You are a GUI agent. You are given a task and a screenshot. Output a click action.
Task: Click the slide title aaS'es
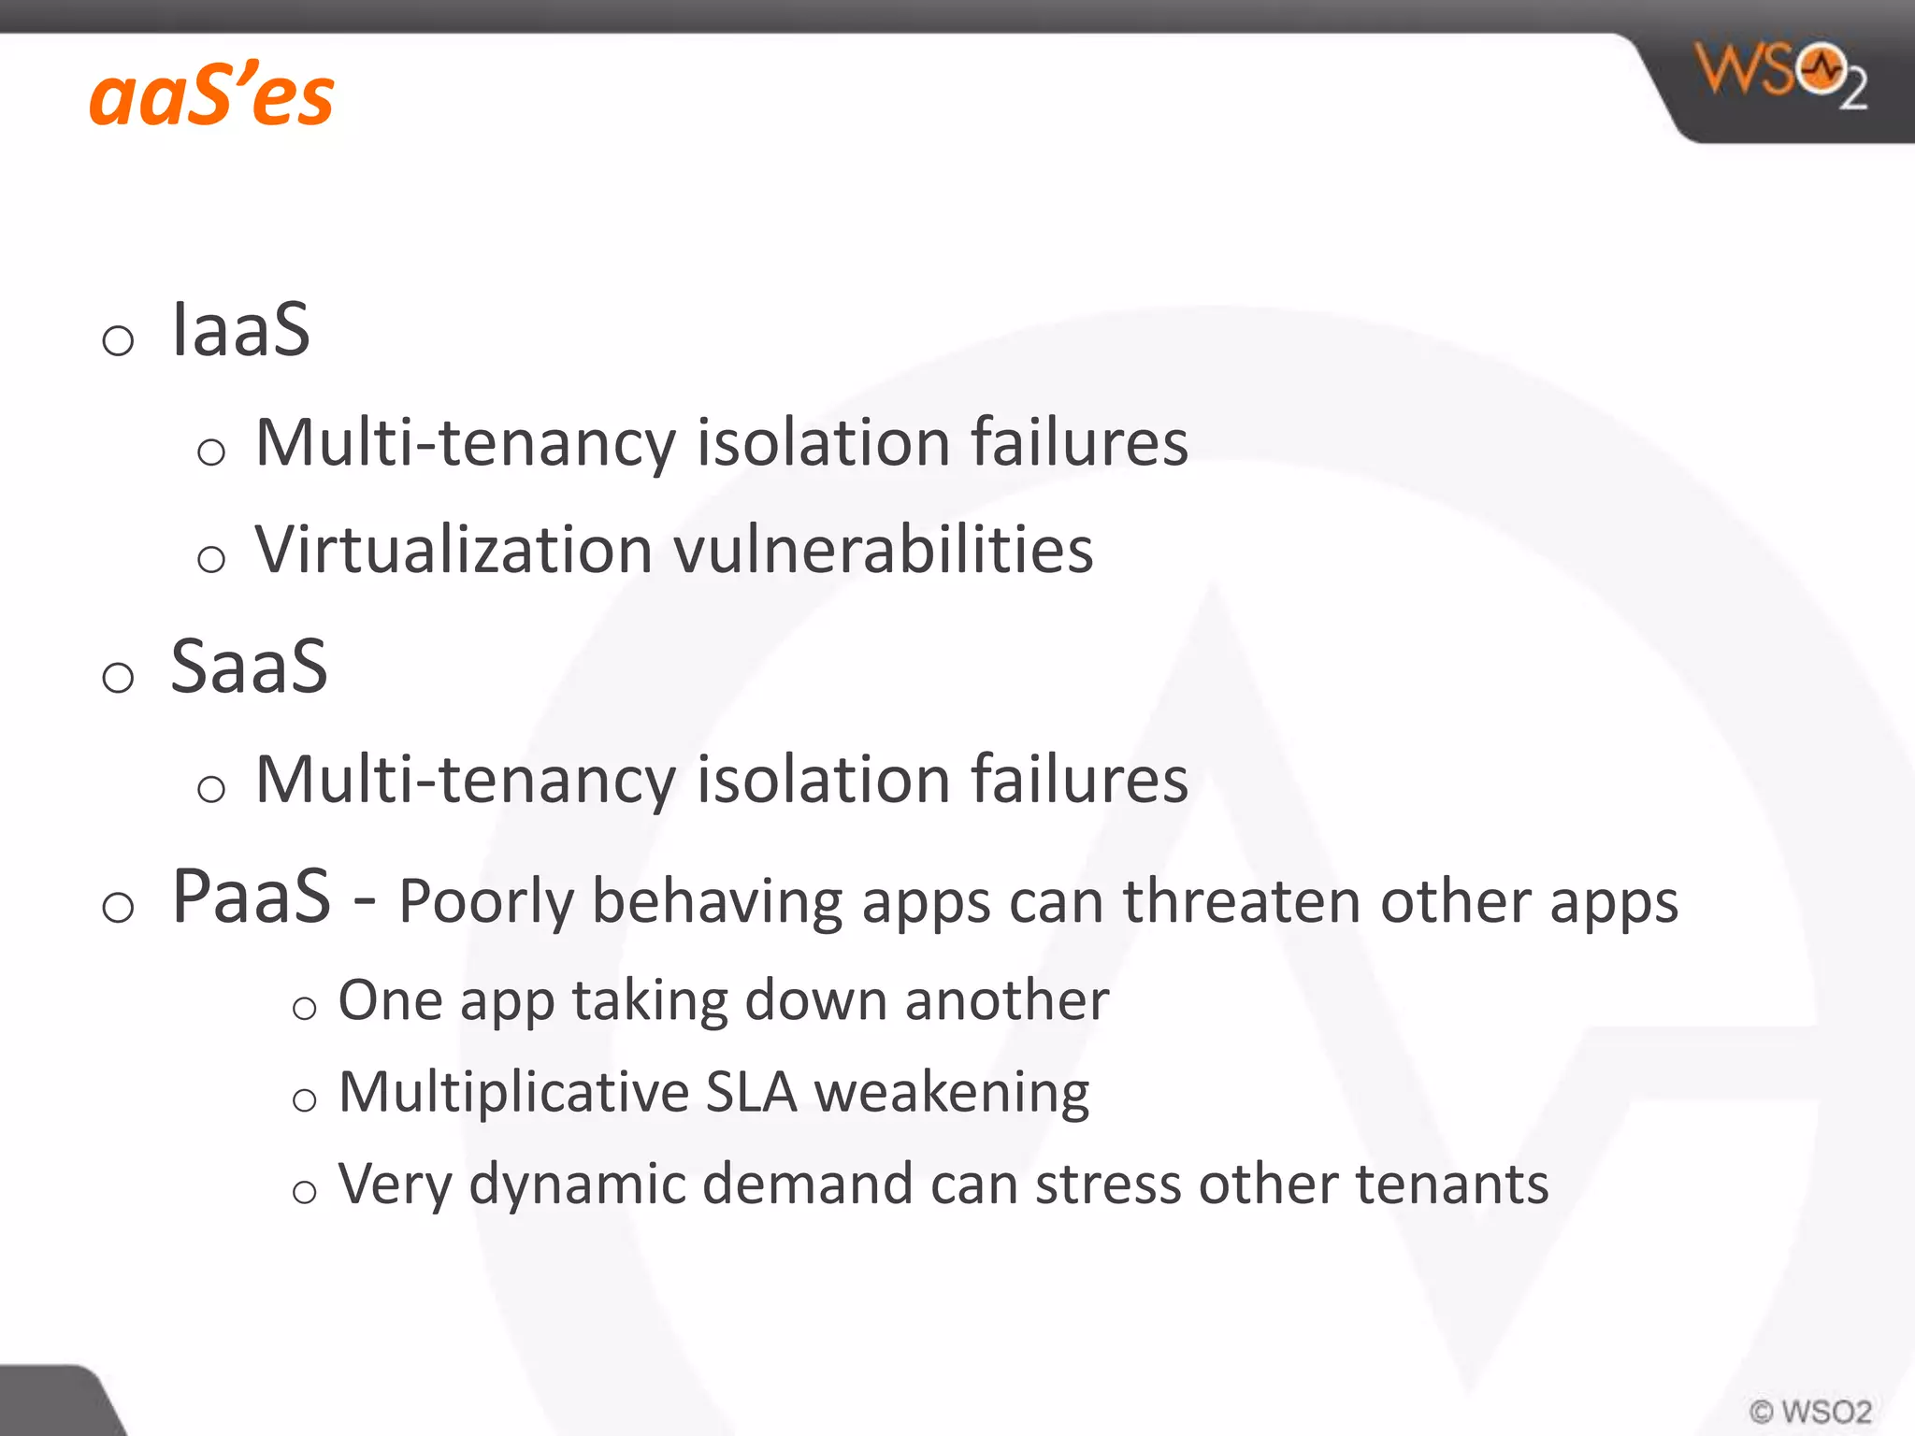pos(211,96)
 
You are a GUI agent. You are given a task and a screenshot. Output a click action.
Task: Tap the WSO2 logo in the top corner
pos(1781,75)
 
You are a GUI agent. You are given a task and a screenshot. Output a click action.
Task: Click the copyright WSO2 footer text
pos(1810,1411)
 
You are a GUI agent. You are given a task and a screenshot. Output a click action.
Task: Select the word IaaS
pos(240,330)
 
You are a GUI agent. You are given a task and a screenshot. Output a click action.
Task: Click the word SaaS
pos(249,667)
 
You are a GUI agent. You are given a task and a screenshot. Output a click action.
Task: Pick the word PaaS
pos(252,897)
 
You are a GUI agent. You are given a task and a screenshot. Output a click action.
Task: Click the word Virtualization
pos(454,550)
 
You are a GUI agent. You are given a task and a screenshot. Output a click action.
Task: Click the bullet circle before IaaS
pos(118,340)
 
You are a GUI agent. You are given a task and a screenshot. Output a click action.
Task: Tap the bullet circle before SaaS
pos(118,677)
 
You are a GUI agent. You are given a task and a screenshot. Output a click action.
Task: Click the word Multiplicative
pos(513,1092)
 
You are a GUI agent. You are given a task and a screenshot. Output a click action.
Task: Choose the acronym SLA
pos(751,1092)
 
